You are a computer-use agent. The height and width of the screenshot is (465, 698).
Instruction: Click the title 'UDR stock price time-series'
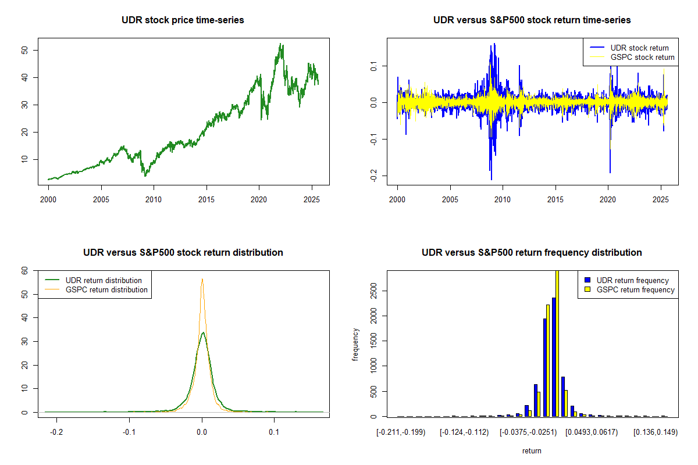pos(183,20)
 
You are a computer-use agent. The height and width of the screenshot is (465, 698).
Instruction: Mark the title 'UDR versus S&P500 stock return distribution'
pos(183,253)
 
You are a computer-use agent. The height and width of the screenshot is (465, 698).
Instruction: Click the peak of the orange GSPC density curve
pos(202,279)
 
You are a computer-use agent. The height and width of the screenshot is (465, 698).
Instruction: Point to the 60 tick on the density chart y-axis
pos(25,271)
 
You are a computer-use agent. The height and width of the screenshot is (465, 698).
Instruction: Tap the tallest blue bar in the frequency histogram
pos(554,357)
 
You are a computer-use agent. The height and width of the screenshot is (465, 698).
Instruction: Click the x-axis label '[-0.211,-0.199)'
pos(401,433)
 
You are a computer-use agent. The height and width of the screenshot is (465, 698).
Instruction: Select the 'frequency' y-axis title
pos(355,344)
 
